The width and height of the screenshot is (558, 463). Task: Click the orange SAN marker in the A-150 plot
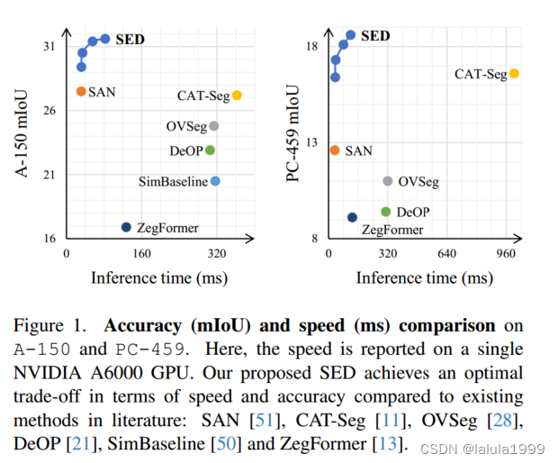(x=81, y=91)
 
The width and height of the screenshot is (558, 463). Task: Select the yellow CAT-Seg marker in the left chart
(x=237, y=95)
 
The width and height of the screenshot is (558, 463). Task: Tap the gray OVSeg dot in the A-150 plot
(x=213, y=126)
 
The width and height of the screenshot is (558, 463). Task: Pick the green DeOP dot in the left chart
(x=210, y=150)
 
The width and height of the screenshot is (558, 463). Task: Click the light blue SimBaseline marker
(x=215, y=181)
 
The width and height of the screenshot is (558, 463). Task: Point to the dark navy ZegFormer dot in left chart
(x=126, y=227)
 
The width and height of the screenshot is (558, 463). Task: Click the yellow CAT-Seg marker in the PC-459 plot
(x=514, y=74)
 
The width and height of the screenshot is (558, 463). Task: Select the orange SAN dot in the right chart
(x=335, y=150)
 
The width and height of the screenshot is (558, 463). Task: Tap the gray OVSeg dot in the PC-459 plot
(x=388, y=181)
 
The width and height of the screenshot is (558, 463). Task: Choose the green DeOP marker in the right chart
(x=386, y=212)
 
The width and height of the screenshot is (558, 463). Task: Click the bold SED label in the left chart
(x=130, y=40)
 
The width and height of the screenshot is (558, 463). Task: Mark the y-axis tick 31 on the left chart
(x=49, y=47)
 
